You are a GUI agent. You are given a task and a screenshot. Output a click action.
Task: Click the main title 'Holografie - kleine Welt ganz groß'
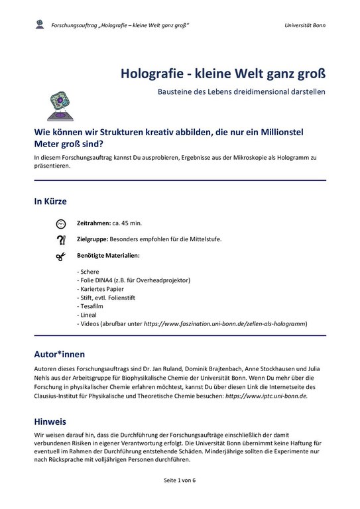(x=223, y=71)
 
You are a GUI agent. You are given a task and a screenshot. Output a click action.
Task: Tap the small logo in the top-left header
(x=40, y=25)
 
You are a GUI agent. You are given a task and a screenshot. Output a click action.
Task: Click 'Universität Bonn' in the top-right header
(x=304, y=25)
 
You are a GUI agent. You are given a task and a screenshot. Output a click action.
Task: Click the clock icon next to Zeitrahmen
(x=61, y=223)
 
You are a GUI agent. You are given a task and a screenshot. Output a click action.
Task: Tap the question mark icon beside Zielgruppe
(x=61, y=239)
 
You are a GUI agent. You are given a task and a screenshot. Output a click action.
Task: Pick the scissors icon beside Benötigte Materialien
(x=61, y=255)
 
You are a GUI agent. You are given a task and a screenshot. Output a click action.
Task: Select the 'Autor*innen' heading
(x=59, y=353)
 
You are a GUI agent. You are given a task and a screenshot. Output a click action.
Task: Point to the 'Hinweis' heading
(x=51, y=421)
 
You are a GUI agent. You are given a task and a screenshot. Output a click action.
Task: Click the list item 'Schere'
(x=90, y=272)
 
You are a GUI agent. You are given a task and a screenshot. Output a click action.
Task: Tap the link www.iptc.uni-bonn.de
(x=266, y=396)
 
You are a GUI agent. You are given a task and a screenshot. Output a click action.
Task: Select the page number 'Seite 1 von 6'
(x=180, y=497)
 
